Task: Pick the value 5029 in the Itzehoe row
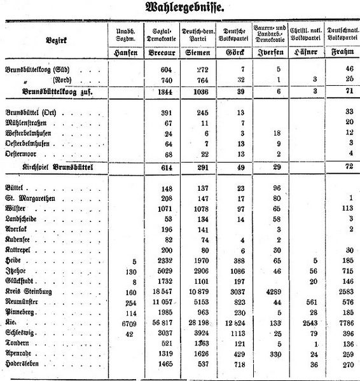tap(165, 271)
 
